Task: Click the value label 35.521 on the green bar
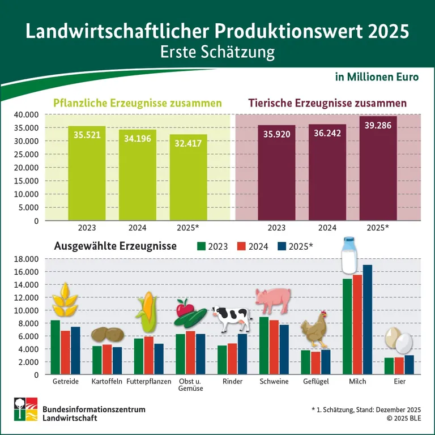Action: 87,134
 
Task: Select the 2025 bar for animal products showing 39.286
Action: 378,170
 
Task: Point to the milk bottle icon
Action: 349,256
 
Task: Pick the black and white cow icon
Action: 231,318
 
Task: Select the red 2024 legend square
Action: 241,246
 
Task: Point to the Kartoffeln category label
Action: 106,382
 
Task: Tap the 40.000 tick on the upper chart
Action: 25,114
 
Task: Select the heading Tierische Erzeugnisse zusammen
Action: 327,104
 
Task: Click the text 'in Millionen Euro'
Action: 377,76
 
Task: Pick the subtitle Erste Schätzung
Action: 217,52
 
